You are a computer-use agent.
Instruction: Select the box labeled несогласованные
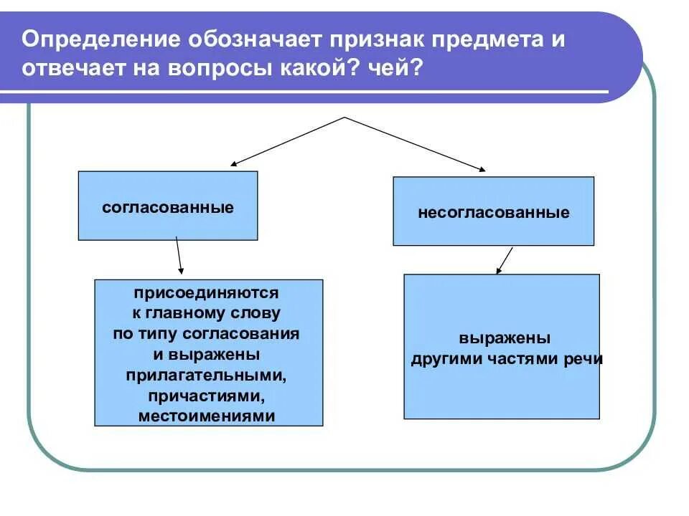coord(493,211)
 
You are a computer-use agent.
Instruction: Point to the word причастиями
coord(207,396)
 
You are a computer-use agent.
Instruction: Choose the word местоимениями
coord(207,416)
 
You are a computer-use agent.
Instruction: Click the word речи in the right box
coord(586,359)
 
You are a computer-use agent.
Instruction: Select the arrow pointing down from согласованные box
coord(179,257)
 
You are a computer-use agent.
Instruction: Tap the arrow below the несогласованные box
coord(505,260)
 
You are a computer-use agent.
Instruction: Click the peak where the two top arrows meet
coord(346,118)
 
